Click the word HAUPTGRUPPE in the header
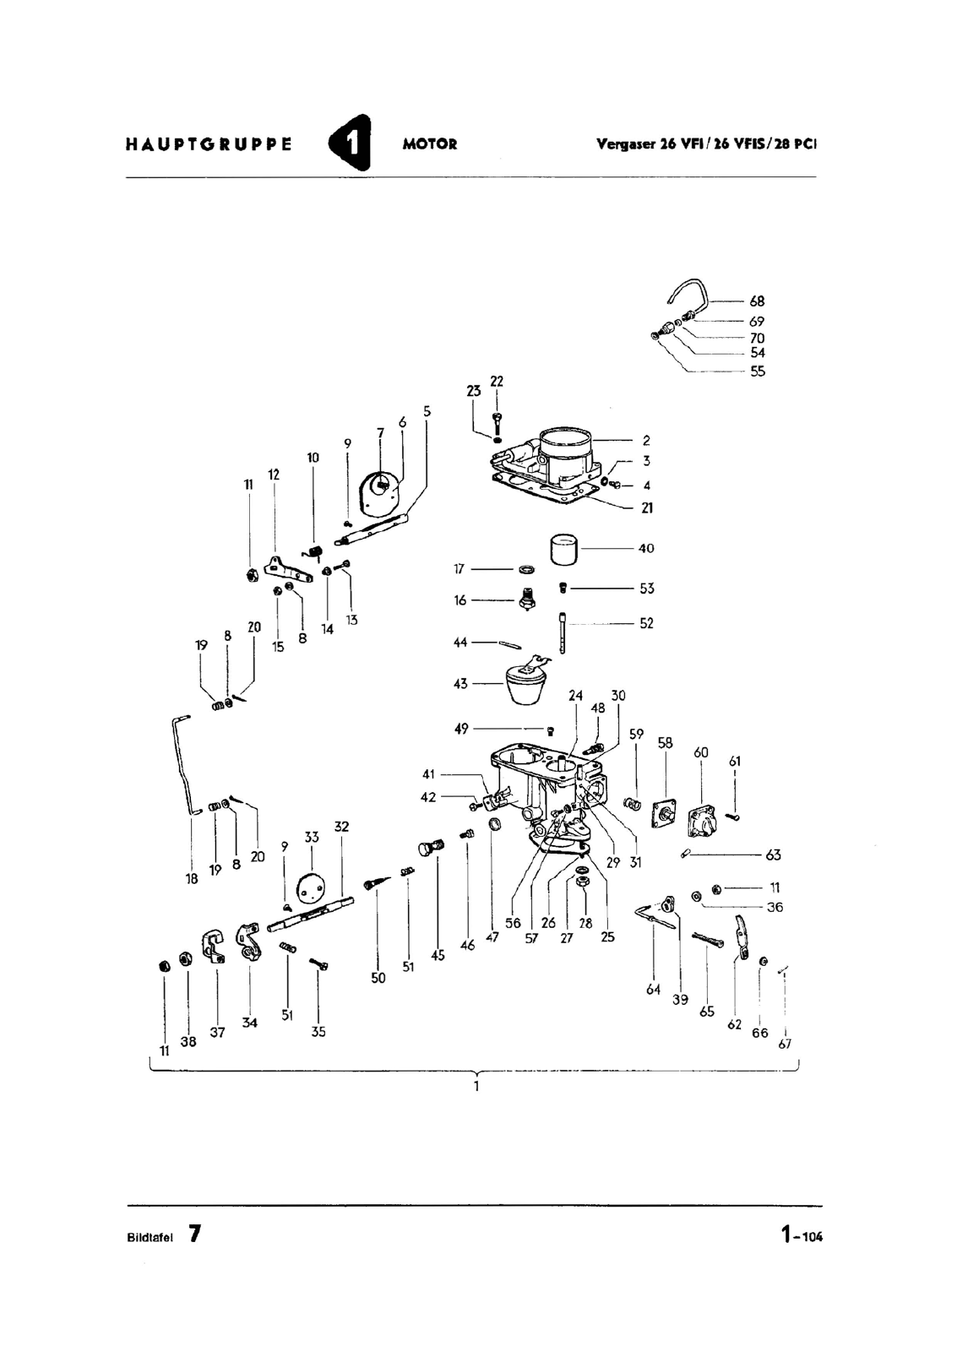click(209, 144)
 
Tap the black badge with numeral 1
click(350, 143)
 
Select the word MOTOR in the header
click(430, 144)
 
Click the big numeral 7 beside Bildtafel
click(193, 1234)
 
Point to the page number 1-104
click(802, 1234)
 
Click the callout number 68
click(757, 301)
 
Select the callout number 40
click(645, 548)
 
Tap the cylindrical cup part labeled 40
click(563, 550)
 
